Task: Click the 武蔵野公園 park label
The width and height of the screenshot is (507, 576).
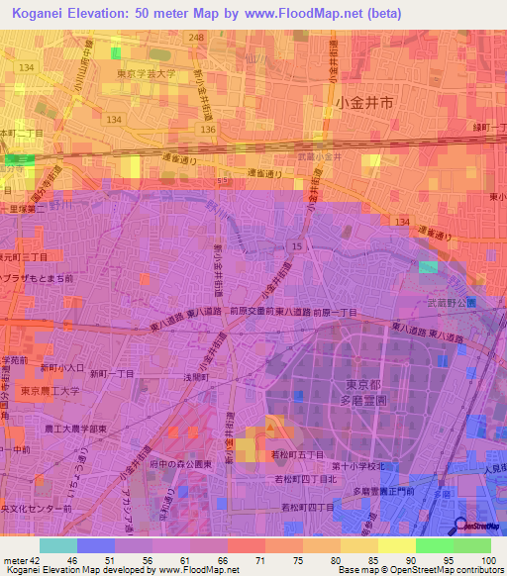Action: point(456,300)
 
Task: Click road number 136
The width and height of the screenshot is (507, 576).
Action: point(207,129)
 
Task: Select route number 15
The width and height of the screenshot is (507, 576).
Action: point(296,244)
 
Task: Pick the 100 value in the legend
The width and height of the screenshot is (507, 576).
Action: point(488,561)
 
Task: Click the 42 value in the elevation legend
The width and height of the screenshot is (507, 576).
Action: point(37,561)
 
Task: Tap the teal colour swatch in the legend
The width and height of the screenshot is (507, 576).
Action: point(58,545)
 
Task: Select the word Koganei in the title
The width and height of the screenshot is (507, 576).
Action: point(43,11)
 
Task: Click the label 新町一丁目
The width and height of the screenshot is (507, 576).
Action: point(112,373)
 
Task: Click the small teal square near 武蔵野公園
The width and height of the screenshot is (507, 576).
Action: point(427,266)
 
